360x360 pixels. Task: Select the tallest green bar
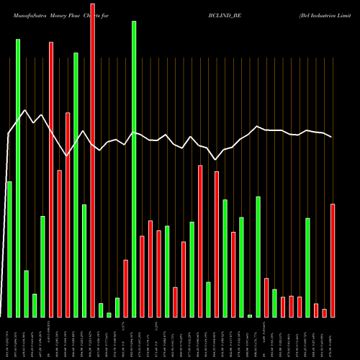[x=134, y=169]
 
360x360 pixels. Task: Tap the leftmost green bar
[x=9, y=249]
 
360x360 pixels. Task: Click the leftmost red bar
[x=51, y=179]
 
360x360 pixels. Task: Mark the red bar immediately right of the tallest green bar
[x=142, y=276]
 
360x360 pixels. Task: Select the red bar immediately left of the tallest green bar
[x=125, y=288]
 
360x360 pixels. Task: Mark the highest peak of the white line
[x=26, y=110]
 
